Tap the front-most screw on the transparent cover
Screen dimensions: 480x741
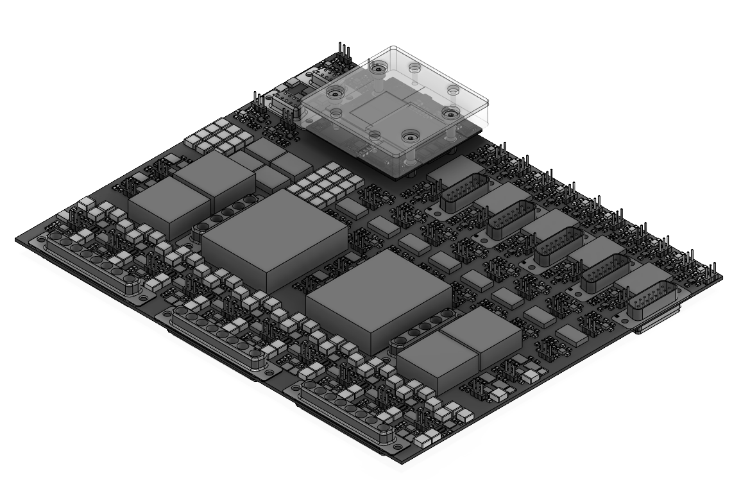(x=409, y=136)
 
